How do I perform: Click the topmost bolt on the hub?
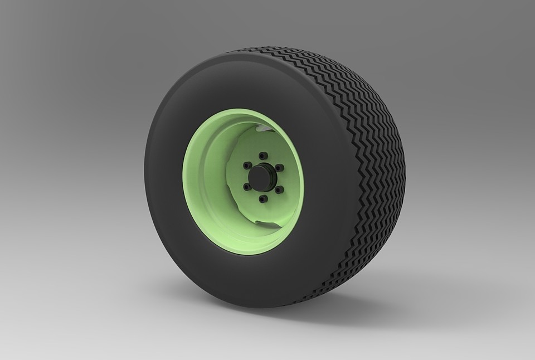coord(263,155)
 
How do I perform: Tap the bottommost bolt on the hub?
coord(264,198)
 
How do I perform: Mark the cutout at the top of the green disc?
coord(262,130)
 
